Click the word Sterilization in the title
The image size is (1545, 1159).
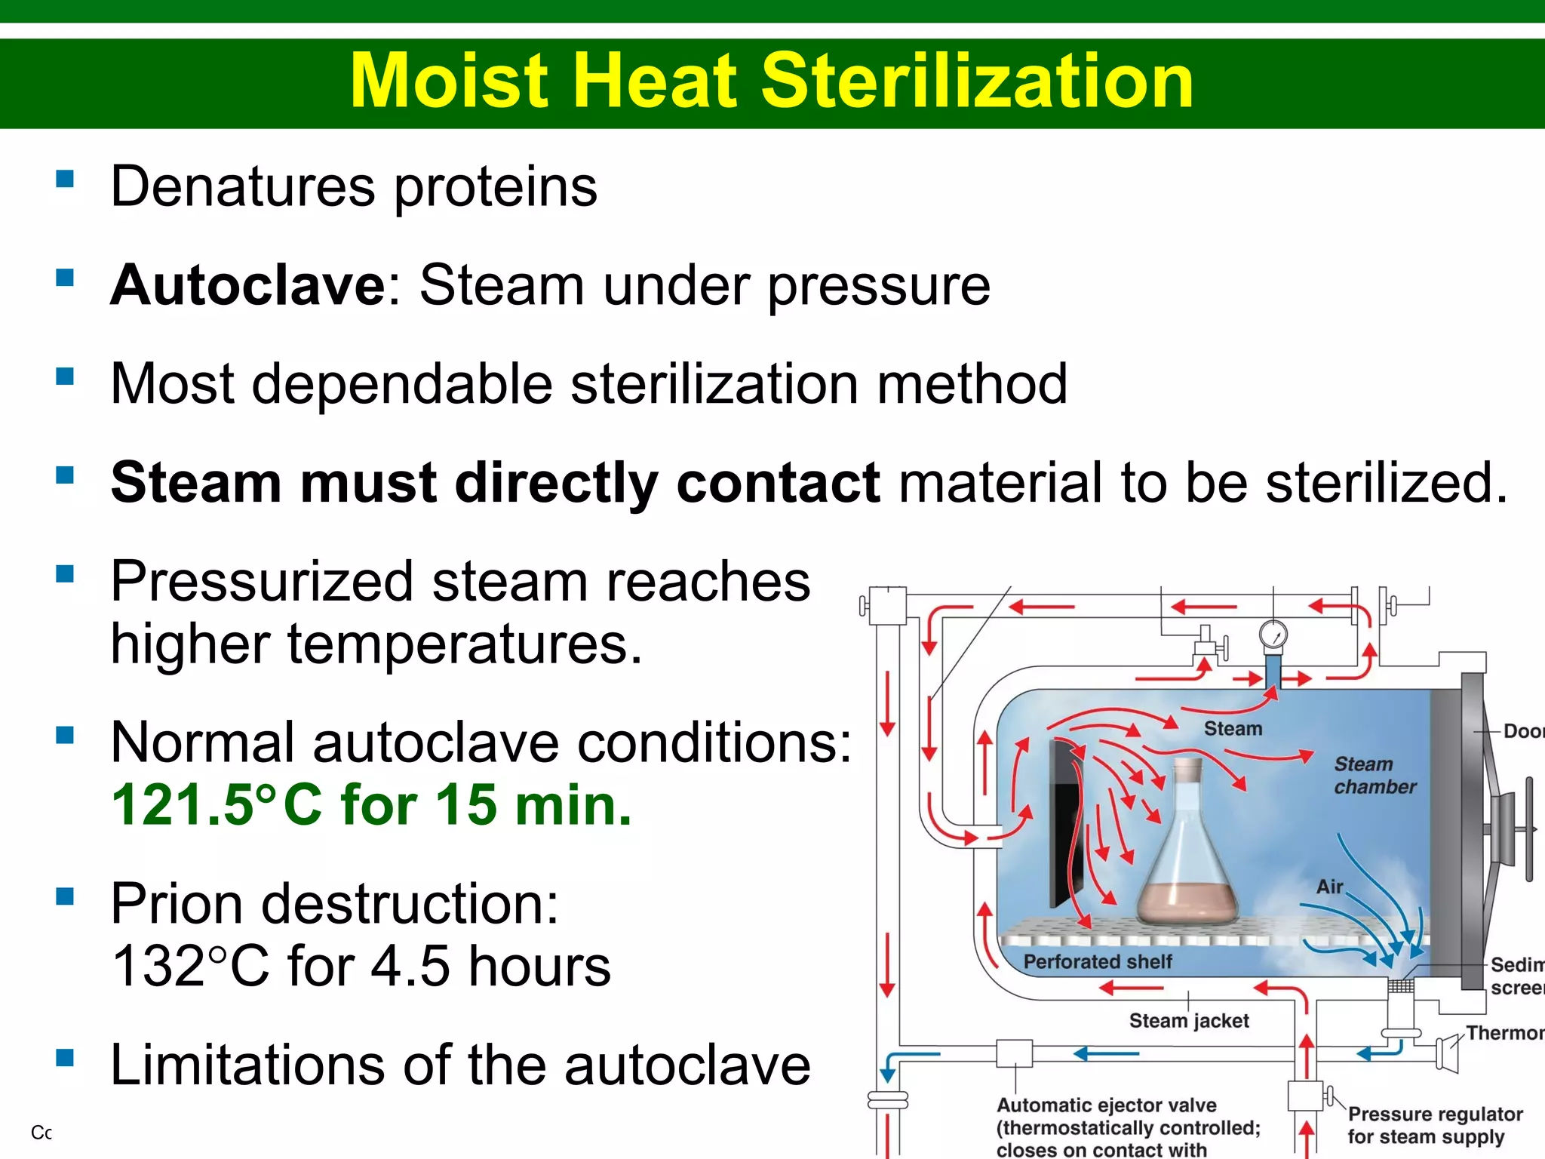pyautogui.click(x=977, y=81)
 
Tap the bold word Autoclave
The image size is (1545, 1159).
pyautogui.click(x=248, y=286)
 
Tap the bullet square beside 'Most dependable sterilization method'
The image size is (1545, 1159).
pyautogui.click(x=66, y=376)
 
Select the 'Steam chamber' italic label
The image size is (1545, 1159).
pyautogui.click(x=1375, y=776)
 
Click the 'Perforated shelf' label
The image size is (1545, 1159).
pyautogui.click(x=1097, y=962)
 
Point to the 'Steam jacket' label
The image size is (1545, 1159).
pyautogui.click(x=1188, y=1021)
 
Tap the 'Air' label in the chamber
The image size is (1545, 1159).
pyautogui.click(x=1329, y=887)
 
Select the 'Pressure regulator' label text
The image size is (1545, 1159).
pyautogui.click(x=1435, y=1114)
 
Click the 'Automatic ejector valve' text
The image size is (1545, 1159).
pyautogui.click(x=1106, y=1105)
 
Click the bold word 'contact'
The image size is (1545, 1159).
pyautogui.click(x=778, y=483)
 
